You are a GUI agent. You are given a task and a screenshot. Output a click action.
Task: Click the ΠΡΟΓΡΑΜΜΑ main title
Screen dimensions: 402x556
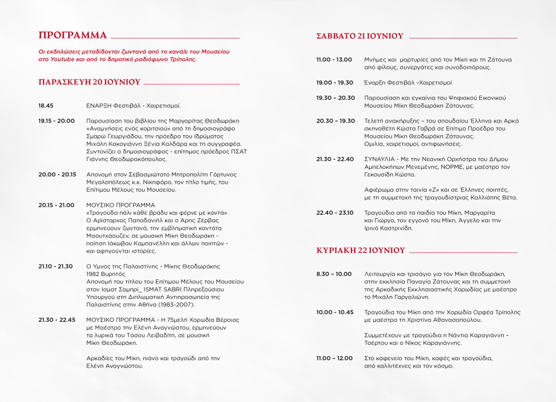[73, 34]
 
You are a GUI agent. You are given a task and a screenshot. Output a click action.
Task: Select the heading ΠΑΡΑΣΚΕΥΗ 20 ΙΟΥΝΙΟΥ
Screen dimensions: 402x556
[89, 82]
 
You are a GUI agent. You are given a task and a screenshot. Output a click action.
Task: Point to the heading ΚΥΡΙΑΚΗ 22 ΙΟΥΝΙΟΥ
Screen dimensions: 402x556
[361, 250]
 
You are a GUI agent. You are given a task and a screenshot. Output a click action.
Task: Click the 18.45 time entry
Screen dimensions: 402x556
[46, 106]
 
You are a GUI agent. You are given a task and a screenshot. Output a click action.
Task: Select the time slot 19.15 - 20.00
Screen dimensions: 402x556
[56, 121]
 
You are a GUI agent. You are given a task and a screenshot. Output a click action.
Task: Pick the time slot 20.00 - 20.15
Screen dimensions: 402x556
[57, 174]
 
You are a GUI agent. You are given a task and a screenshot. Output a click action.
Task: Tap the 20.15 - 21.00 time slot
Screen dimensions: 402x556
[56, 204]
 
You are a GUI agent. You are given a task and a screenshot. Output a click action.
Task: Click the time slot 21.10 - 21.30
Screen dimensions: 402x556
[56, 266]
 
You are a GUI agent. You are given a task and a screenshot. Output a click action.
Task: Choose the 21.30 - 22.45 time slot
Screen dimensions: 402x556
[57, 320]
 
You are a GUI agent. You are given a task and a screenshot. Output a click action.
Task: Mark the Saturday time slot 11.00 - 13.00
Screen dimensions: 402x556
[334, 60]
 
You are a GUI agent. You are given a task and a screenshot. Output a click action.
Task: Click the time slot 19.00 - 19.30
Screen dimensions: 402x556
[335, 82]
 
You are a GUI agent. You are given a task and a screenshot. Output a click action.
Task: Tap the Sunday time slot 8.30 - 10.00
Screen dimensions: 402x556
[334, 274]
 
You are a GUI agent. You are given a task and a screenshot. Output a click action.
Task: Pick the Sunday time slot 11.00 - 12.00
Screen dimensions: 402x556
[334, 358]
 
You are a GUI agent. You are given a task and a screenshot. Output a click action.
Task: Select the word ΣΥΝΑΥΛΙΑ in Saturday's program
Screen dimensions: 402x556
[379, 159]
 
